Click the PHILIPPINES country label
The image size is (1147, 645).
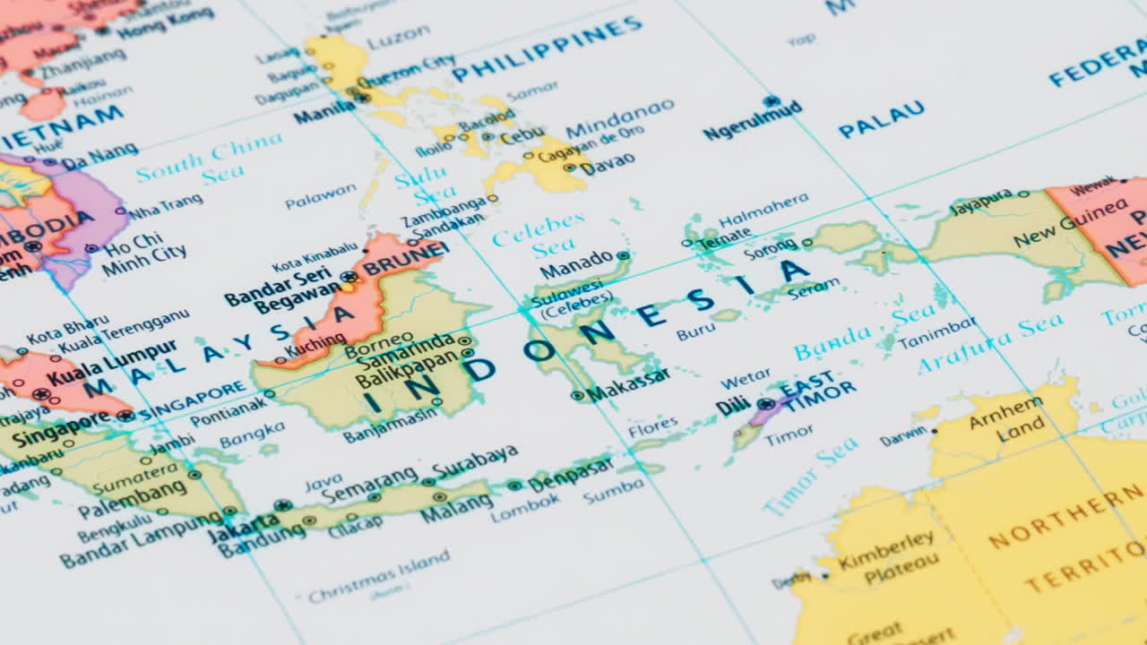click(548, 48)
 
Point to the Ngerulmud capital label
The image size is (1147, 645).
click(752, 121)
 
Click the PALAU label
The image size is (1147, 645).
click(882, 118)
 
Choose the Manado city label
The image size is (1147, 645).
click(576, 265)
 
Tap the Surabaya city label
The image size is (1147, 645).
click(474, 460)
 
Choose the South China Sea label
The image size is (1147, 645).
click(211, 159)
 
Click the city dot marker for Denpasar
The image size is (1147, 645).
click(514, 486)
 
